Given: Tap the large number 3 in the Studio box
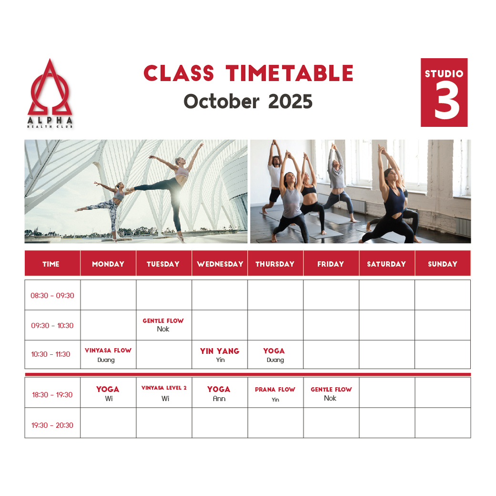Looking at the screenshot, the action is [447, 100].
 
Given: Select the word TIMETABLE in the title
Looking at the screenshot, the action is [289, 73].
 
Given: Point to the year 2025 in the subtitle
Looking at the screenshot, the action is [290, 102].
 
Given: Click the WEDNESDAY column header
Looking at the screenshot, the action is [220, 264].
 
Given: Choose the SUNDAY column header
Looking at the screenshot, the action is [443, 264].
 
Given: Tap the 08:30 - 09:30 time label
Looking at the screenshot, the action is [52, 295].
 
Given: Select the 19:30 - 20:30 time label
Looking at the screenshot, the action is [52, 425].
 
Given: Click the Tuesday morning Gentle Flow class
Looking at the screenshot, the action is [163, 325].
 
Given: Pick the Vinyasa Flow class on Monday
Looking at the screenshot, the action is [108, 355].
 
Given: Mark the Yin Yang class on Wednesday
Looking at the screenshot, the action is [219, 355].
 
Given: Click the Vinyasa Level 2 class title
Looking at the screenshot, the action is [164, 388].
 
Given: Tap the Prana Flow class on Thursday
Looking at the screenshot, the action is [275, 394].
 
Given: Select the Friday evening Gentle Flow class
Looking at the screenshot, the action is [331, 393].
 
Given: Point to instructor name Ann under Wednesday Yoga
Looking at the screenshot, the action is [219, 399].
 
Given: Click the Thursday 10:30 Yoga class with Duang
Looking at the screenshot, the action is [274, 355].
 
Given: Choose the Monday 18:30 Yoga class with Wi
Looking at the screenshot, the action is [108, 393].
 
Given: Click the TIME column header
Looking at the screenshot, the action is [51, 264].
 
